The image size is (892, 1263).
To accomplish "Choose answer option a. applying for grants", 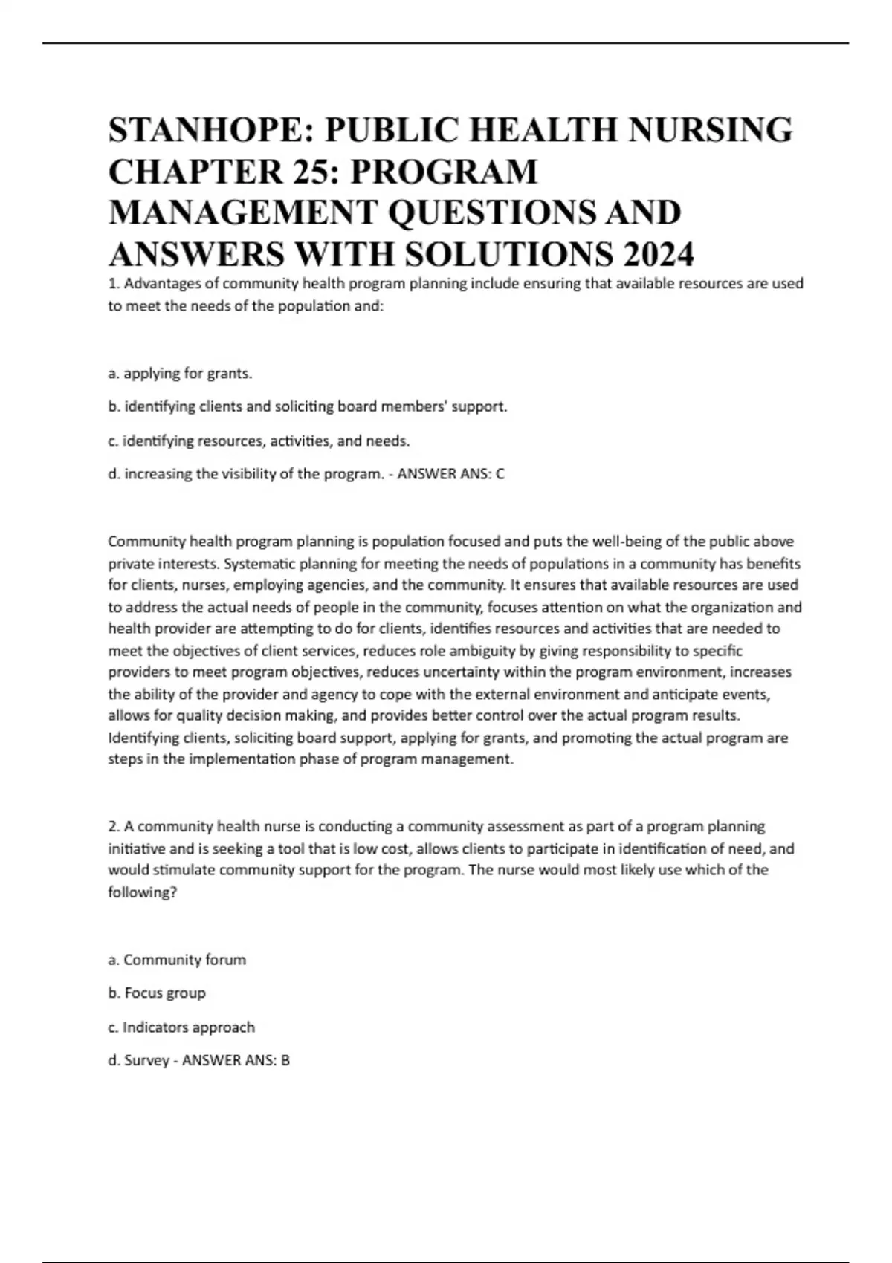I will (x=180, y=374).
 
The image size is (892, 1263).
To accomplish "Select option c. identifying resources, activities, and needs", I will (x=259, y=441).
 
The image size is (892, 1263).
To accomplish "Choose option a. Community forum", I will (x=177, y=960).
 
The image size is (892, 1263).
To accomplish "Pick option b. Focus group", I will (x=157, y=993).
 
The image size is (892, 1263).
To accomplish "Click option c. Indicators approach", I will (x=181, y=1027).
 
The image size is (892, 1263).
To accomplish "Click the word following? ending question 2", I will (x=143, y=892).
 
